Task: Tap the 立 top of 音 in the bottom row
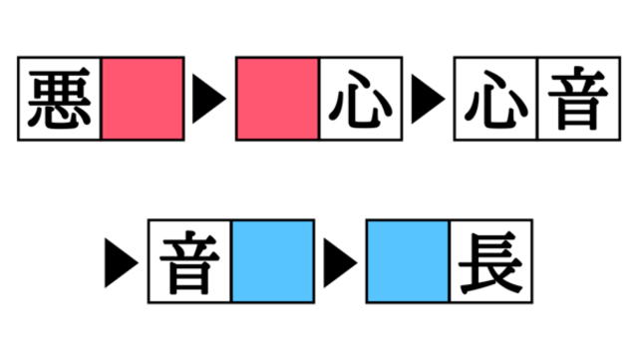189,244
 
